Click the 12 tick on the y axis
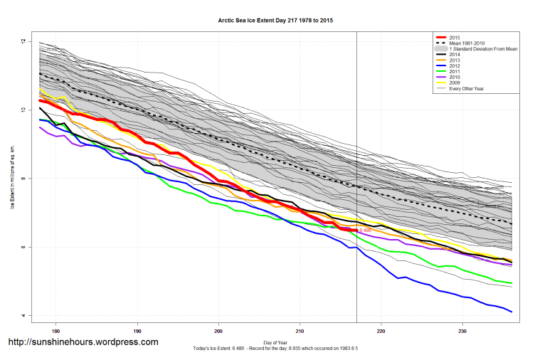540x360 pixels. (x=23, y=42)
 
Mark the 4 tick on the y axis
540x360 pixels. (x=23, y=315)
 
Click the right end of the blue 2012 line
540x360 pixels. (x=512, y=312)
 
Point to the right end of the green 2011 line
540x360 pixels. (x=512, y=283)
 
